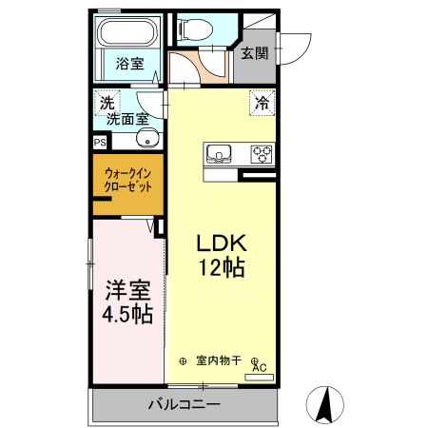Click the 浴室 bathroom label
[129, 65]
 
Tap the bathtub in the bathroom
[130, 33]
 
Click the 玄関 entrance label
[253, 52]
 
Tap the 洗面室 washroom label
[126, 120]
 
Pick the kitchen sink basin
[218, 153]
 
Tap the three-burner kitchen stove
[262, 153]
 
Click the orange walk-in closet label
[127, 181]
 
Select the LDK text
[221, 243]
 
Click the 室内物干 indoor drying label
[219, 360]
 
